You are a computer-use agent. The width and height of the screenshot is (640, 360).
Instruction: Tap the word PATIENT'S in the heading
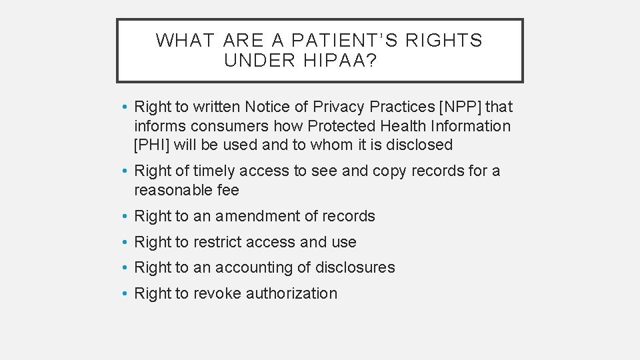click(345, 40)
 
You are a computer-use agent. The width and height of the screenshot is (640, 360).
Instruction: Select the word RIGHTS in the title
click(443, 40)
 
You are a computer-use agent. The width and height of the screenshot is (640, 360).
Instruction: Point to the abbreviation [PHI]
click(151, 145)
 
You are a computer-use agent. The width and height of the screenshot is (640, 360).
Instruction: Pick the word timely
click(214, 171)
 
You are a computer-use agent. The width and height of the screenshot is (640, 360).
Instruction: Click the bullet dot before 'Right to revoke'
click(125, 293)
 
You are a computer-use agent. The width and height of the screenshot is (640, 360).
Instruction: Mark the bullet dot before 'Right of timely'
click(125, 171)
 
